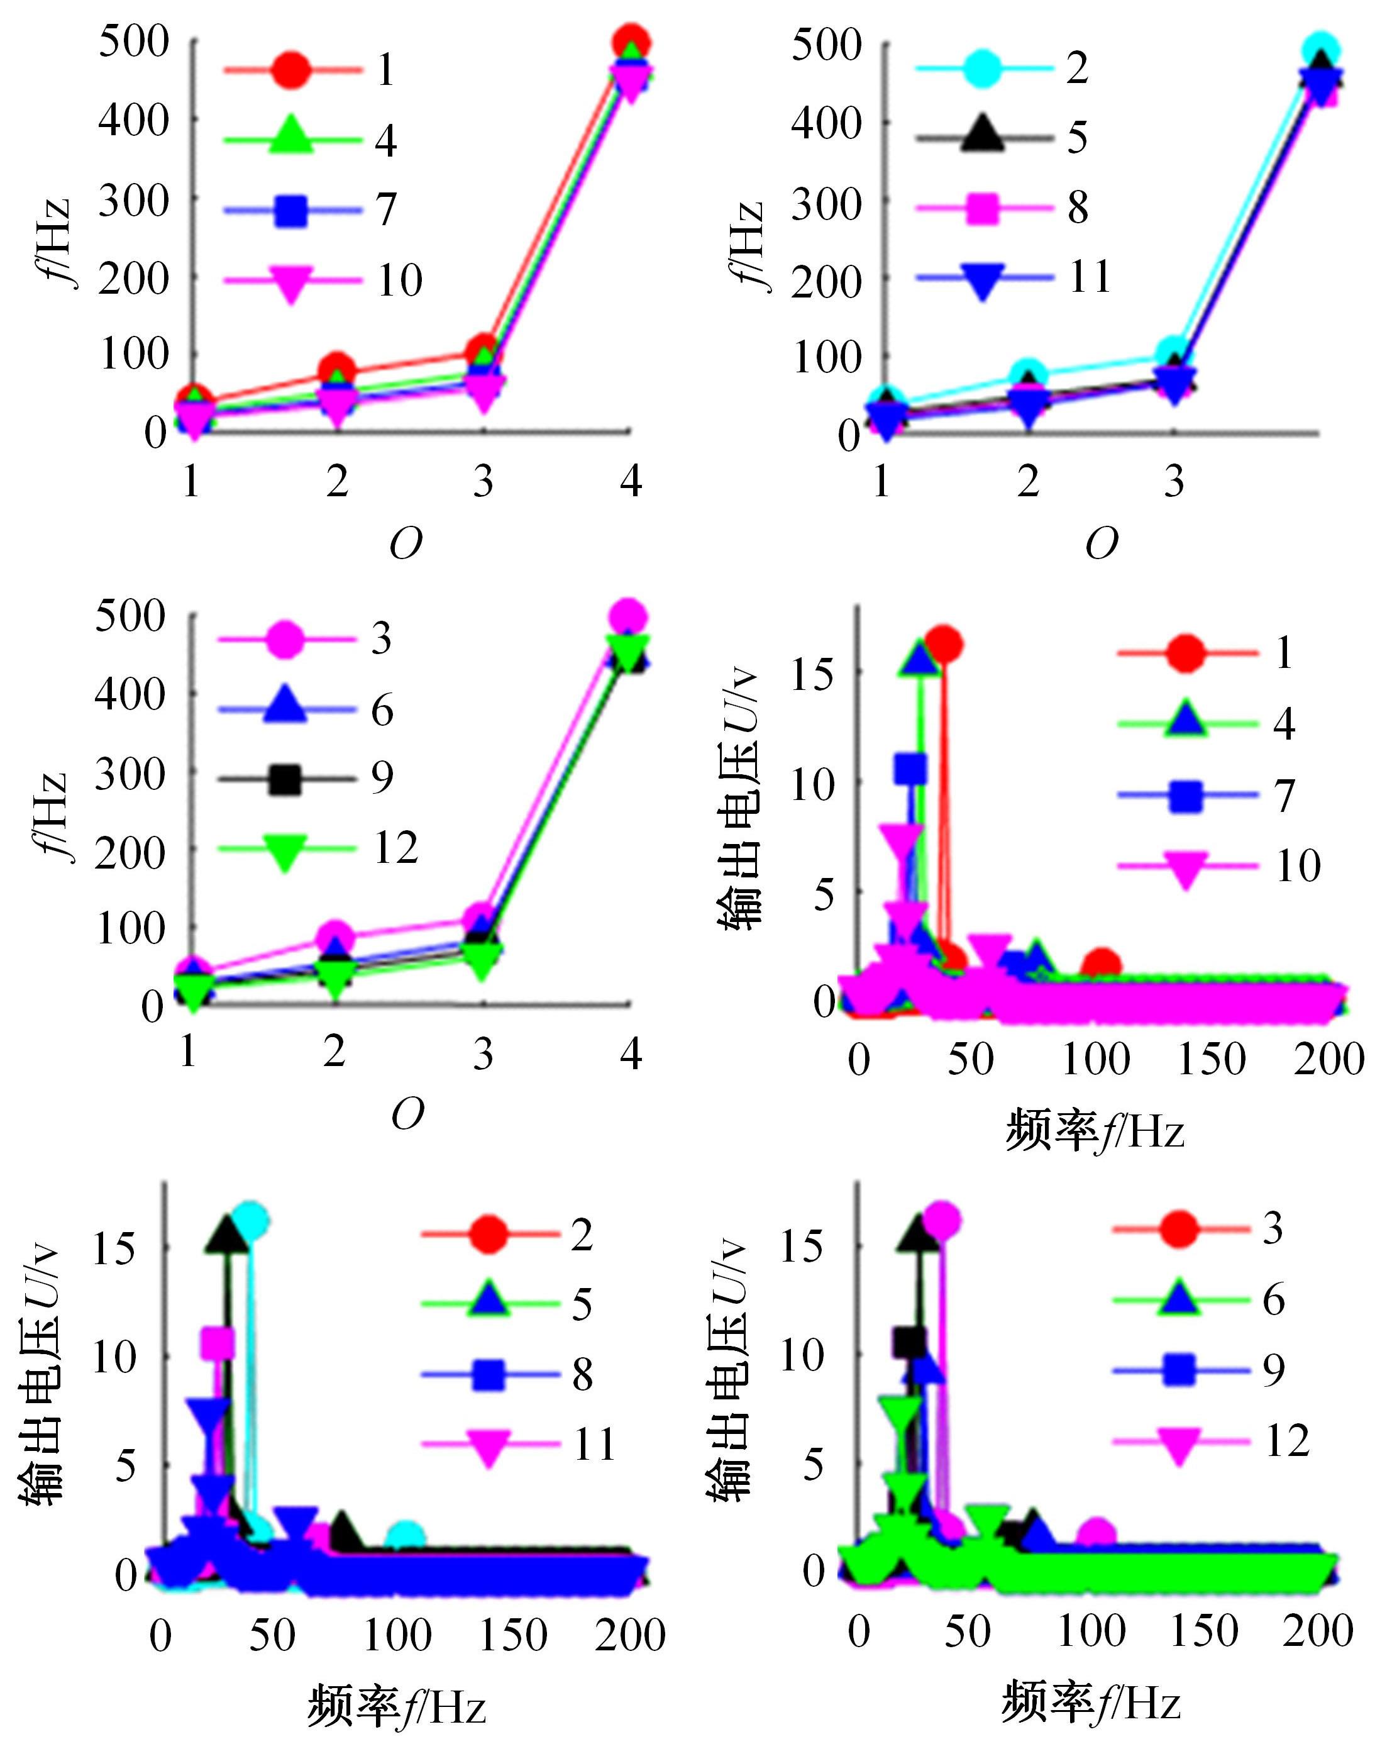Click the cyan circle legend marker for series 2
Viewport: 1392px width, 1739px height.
click(982, 68)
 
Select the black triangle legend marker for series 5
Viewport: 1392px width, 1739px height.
click(982, 135)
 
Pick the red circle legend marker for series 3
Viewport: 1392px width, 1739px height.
click(1179, 1229)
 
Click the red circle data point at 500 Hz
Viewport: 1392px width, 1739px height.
click(631, 42)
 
